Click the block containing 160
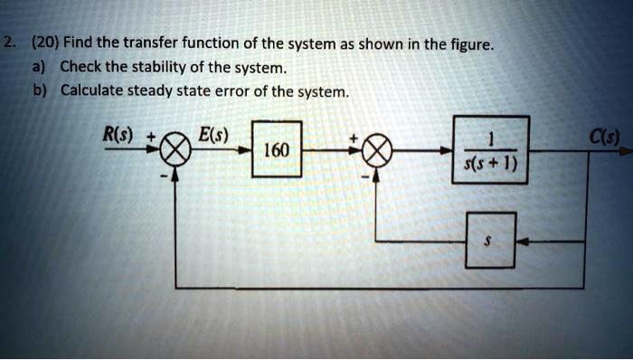point(276,147)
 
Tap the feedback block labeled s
point(491,241)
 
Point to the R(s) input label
point(118,137)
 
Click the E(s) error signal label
point(213,137)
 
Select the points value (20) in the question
point(44,43)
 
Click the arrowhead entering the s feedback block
point(522,241)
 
